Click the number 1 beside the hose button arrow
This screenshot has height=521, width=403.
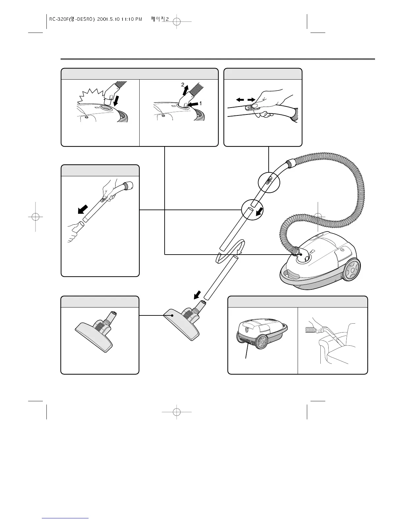pyautogui.click(x=200, y=103)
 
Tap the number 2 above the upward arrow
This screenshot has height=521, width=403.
pyautogui.click(x=183, y=85)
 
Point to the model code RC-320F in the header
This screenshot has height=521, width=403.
pyautogui.click(x=58, y=19)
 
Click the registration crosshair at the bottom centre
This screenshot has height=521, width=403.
pyautogui.click(x=177, y=411)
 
